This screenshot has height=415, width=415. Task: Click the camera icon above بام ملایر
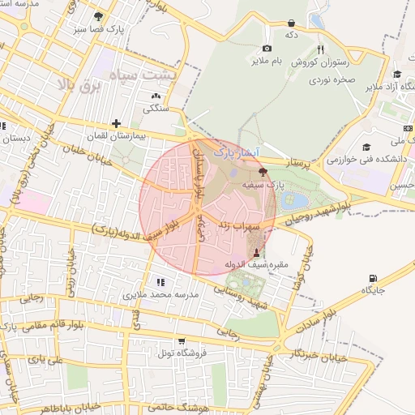[267, 49]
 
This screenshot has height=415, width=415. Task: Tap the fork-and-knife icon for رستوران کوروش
[320, 49]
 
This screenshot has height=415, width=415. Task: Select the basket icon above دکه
[291, 24]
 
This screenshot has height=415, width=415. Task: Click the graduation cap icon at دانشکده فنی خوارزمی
[366, 148]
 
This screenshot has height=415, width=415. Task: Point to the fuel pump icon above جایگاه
[373, 278]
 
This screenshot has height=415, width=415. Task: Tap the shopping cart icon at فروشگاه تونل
[181, 341]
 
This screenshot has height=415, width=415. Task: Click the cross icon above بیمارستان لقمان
[118, 124]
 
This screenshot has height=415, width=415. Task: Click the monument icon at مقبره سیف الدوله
[257, 254]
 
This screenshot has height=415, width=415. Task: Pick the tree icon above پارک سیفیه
[262, 172]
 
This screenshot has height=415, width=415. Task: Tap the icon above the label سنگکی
[156, 96]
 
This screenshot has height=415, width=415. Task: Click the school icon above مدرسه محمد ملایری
[160, 282]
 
